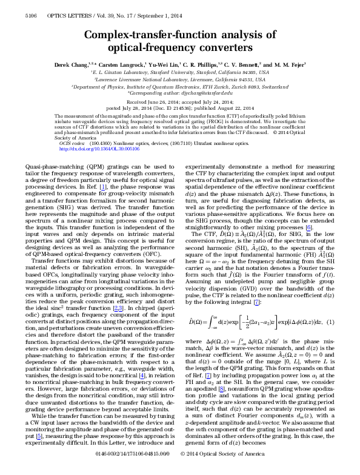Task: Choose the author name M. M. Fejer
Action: [288, 64]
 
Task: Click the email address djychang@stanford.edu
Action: [204, 93]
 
